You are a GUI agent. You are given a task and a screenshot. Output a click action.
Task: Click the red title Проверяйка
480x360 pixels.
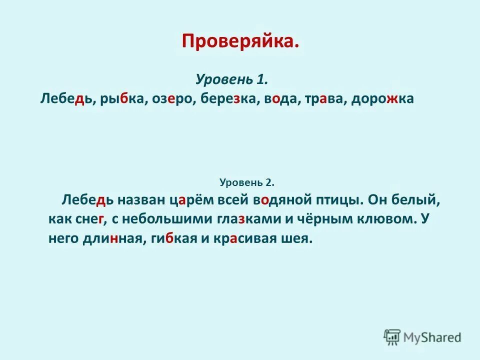(240, 41)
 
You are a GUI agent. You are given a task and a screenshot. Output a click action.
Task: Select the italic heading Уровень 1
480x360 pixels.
(232, 79)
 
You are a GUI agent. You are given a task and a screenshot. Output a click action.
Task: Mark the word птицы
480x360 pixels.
(337, 200)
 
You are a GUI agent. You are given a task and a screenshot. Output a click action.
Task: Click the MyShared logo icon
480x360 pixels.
(392, 337)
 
